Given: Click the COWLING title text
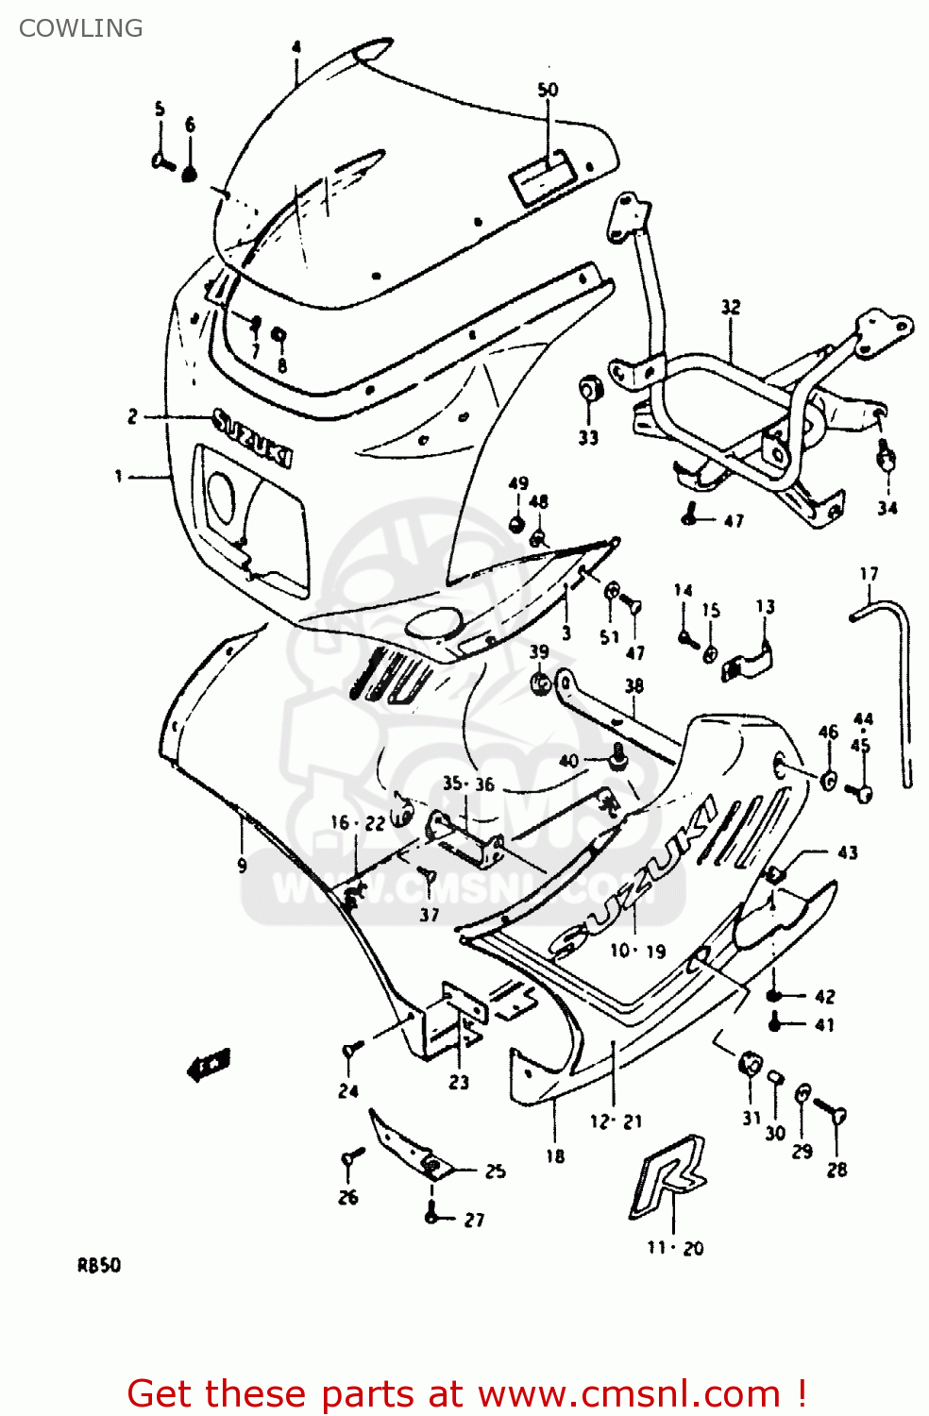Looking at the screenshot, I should coord(80,28).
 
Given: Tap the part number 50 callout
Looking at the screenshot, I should coord(548,90).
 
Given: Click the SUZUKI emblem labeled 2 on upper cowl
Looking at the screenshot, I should coord(252,436).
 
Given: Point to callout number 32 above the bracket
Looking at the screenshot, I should coord(731,307).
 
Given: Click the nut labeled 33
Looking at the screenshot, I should coord(589,388).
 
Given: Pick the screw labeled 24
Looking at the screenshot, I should coord(351,1049).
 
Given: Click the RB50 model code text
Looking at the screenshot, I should coord(99,1266).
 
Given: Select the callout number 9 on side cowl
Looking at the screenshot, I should coord(242,865).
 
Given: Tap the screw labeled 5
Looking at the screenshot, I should coord(161,161).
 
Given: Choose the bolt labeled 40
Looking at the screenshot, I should coord(618,755).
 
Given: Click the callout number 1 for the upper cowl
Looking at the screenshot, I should coord(119,477).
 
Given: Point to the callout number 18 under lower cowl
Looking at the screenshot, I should coord(555,1155).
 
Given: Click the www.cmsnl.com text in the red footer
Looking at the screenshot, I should coord(629,1393).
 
